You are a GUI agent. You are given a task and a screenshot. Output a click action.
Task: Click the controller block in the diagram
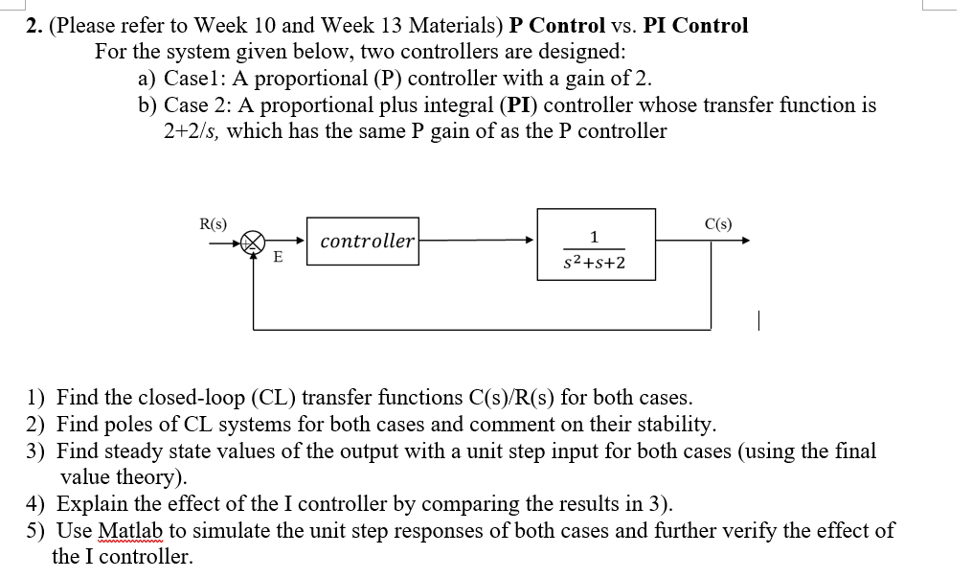point(368,241)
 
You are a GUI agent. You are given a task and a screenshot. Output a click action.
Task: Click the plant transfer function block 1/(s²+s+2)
point(596,245)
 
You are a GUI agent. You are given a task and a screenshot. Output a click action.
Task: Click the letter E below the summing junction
point(278,257)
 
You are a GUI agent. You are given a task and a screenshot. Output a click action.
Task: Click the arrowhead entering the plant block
point(530,241)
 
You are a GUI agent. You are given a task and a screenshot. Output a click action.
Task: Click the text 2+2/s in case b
point(192,131)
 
